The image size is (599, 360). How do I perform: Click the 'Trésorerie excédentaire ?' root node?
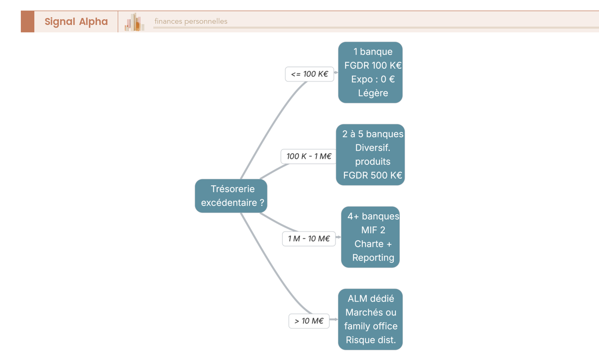click(231, 196)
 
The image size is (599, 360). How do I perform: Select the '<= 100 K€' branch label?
click(309, 74)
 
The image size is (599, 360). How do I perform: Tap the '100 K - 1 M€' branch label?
click(309, 156)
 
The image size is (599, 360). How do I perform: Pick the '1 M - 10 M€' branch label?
click(309, 239)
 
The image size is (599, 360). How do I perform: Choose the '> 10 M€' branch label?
click(309, 321)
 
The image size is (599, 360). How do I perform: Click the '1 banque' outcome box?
click(370, 72)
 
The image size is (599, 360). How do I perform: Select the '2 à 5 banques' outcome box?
click(370, 155)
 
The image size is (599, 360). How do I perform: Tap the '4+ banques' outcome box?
click(370, 237)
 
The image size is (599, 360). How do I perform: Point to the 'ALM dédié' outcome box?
click(370, 320)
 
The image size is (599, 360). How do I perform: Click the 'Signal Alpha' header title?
click(76, 21)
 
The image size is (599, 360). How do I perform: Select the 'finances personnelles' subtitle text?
click(191, 21)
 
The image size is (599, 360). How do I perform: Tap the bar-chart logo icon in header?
click(134, 22)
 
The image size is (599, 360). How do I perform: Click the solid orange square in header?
click(27, 21)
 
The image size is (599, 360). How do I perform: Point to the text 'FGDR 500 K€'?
click(372, 175)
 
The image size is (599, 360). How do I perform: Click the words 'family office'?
click(371, 326)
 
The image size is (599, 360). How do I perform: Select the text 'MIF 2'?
click(373, 230)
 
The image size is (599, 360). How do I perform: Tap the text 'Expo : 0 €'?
click(373, 79)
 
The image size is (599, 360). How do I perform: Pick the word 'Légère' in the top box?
click(373, 93)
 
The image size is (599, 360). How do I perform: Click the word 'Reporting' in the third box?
click(373, 258)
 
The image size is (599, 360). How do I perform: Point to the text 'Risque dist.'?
click(371, 340)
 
